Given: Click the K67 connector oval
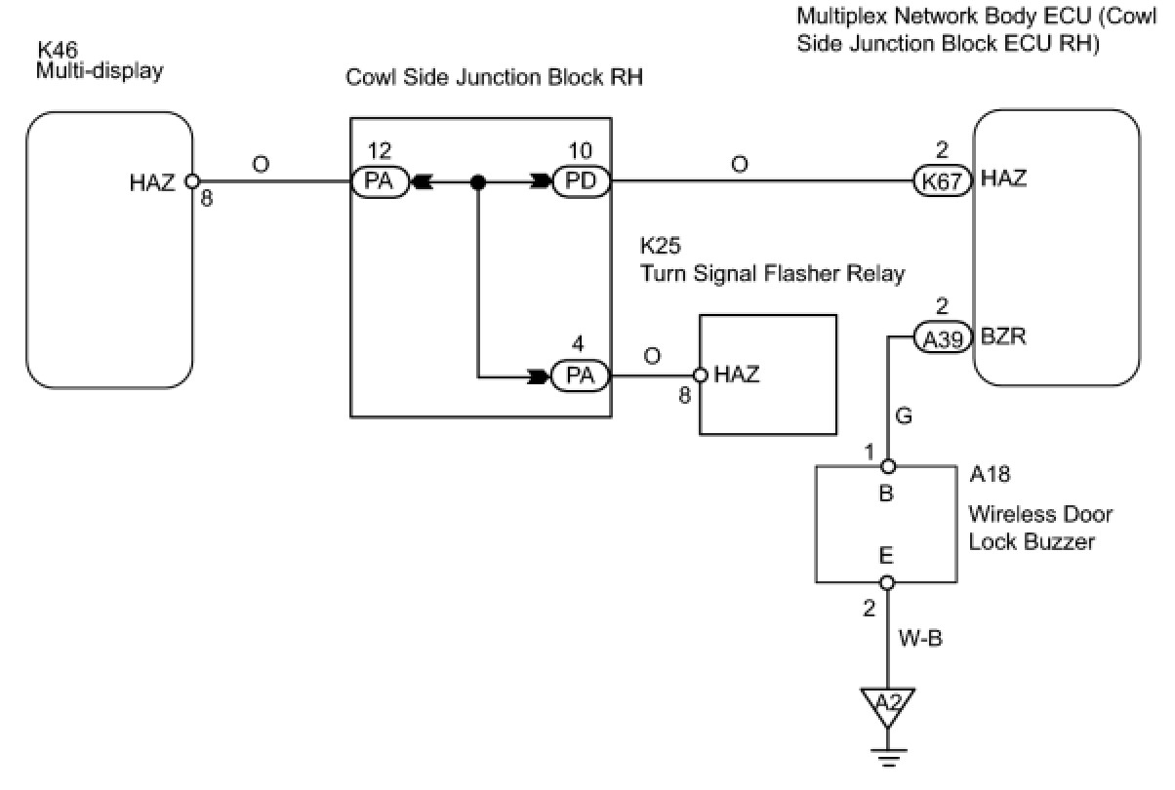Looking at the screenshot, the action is point(942,181).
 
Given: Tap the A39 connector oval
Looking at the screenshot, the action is point(942,337).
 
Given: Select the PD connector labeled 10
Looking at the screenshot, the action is point(582,181).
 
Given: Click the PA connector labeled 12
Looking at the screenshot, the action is point(380,182).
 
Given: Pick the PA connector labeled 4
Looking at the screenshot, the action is point(580,375).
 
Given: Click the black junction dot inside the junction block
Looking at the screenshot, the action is point(478,182).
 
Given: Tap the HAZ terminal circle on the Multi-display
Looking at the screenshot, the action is point(192,181).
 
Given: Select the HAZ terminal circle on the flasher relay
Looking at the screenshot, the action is point(701,375).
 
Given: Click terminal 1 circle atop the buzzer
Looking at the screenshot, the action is point(887,466).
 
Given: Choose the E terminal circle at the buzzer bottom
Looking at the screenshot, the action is point(887,582).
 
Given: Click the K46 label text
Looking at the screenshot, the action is point(58,50).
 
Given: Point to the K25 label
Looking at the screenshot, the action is point(660,246).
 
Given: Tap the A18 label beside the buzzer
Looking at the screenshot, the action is point(990,474).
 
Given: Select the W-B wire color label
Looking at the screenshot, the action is point(920,639).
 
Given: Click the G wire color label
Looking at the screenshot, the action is point(904,415).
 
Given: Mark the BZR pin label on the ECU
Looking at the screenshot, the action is point(1003,336).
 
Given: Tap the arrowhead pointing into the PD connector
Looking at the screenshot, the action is point(542,182).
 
